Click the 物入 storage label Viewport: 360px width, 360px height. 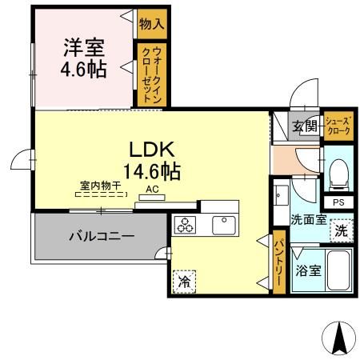pos(150,24)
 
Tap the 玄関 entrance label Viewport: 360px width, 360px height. pos(304,126)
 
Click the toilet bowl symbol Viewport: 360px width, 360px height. pos(338,172)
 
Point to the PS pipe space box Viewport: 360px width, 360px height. pos(338,203)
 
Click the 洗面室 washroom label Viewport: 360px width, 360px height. pos(308,218)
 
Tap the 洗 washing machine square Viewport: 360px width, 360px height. pos(341,232)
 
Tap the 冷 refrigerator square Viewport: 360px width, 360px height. pos(184,282)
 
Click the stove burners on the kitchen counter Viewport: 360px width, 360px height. pos(186,226)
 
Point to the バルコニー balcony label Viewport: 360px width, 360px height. pos(100,236)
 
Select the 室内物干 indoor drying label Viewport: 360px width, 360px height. pos(100,186)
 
